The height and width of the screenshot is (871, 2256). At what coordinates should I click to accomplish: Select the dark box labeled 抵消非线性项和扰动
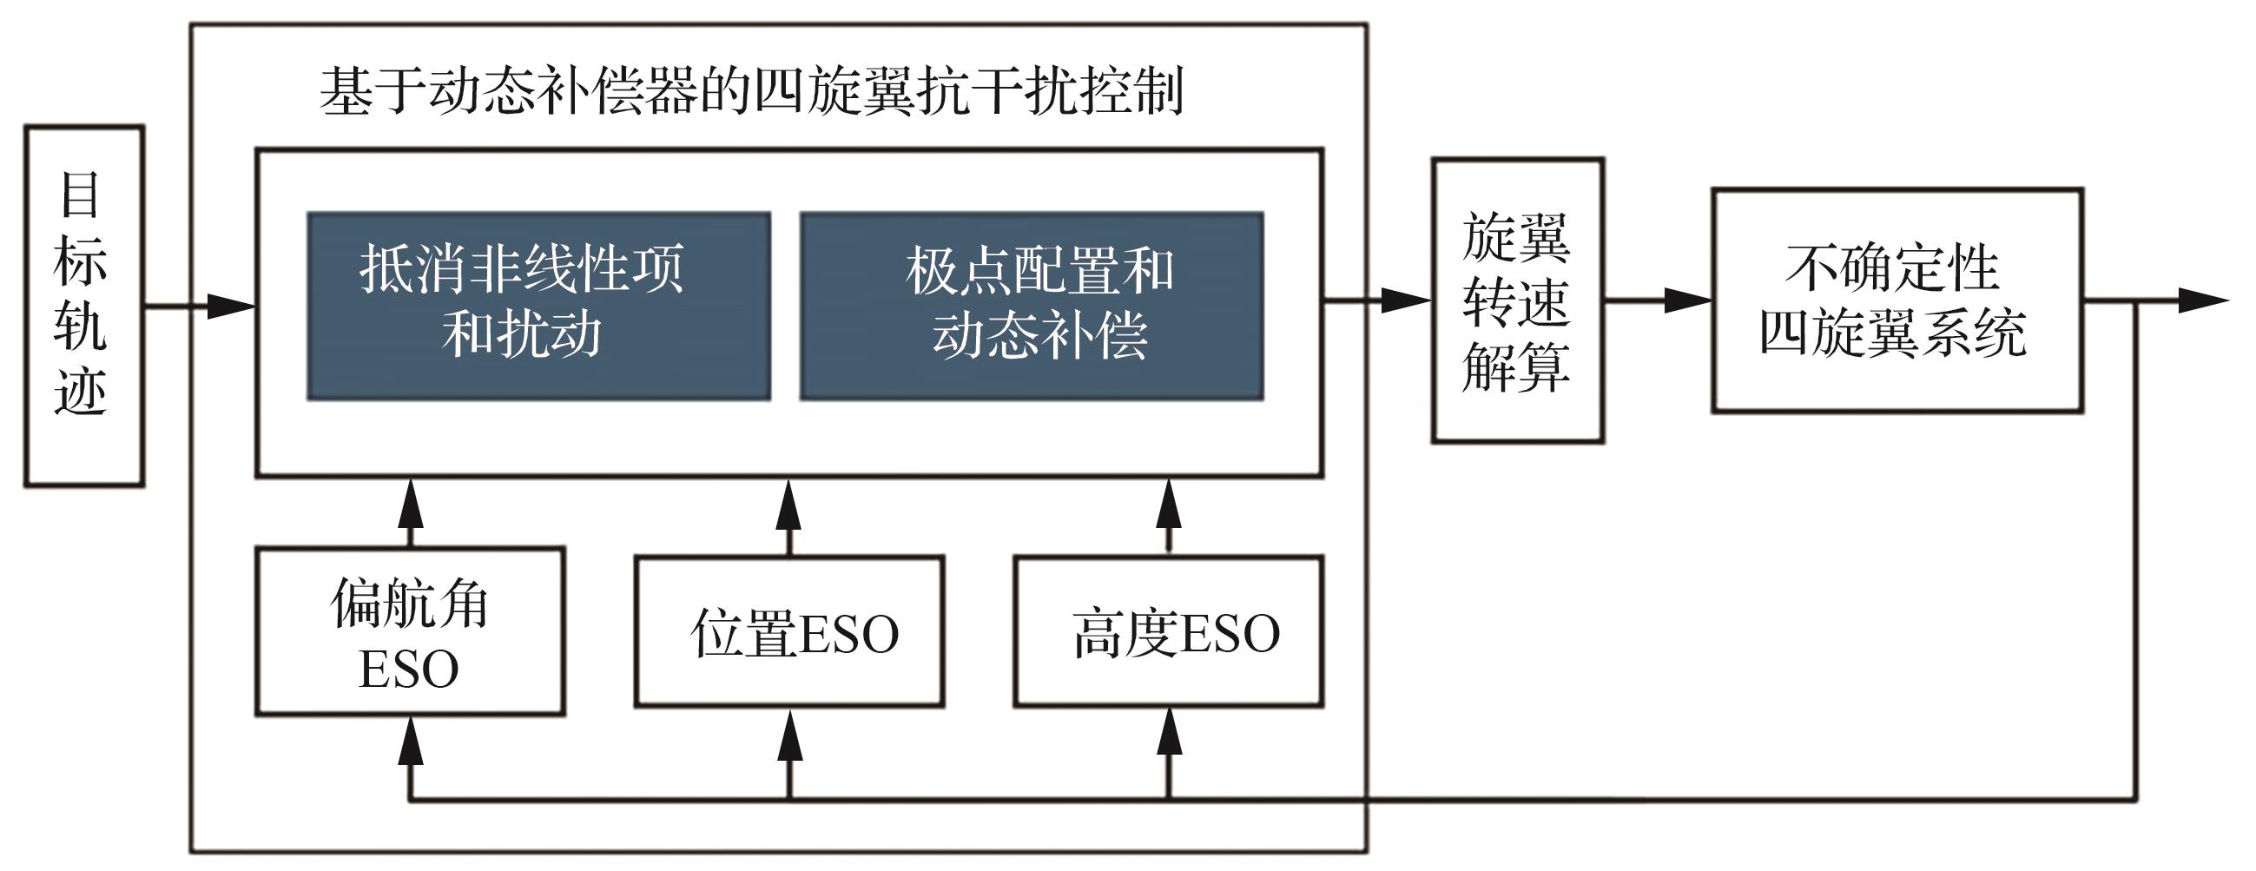pos(538,307)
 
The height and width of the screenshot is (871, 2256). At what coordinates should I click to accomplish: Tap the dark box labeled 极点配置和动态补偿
pos(1032,307)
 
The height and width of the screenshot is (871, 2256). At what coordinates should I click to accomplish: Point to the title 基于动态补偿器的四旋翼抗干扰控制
pos(751,91)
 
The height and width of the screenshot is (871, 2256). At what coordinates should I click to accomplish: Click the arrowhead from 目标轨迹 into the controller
pos(231,307)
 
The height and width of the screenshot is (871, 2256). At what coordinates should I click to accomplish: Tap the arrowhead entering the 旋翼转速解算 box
pos(1407,300)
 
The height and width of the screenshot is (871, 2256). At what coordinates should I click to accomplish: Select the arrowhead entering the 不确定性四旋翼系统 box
pos(1687,300)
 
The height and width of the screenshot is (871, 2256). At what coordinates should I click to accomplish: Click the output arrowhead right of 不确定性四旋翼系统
pos(2203,300)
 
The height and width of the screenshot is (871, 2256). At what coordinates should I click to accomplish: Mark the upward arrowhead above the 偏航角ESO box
pos(410,503)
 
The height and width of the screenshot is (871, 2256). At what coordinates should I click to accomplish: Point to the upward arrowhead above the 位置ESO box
pos(789,503)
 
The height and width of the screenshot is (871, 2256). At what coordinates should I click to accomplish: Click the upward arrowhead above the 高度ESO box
pos(1168,503)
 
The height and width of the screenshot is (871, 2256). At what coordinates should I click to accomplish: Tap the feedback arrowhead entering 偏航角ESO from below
pos(410,741)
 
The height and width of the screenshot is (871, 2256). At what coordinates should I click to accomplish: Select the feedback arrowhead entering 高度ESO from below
pos(1168,733)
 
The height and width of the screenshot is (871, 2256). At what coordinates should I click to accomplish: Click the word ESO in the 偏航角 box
pos(409,670)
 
